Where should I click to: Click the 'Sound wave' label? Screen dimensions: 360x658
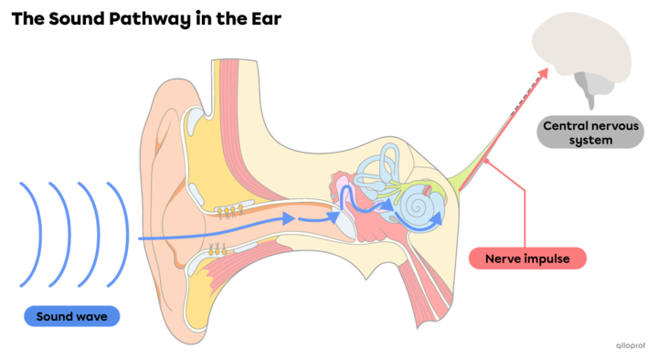click(71, 316)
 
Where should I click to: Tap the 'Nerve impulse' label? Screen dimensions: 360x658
click(526, 259)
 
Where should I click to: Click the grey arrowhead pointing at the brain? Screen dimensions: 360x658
click(547, 69)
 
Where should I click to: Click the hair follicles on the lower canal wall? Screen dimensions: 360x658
click(218, 248)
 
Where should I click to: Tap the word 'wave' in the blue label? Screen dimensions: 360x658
click(95, 316)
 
